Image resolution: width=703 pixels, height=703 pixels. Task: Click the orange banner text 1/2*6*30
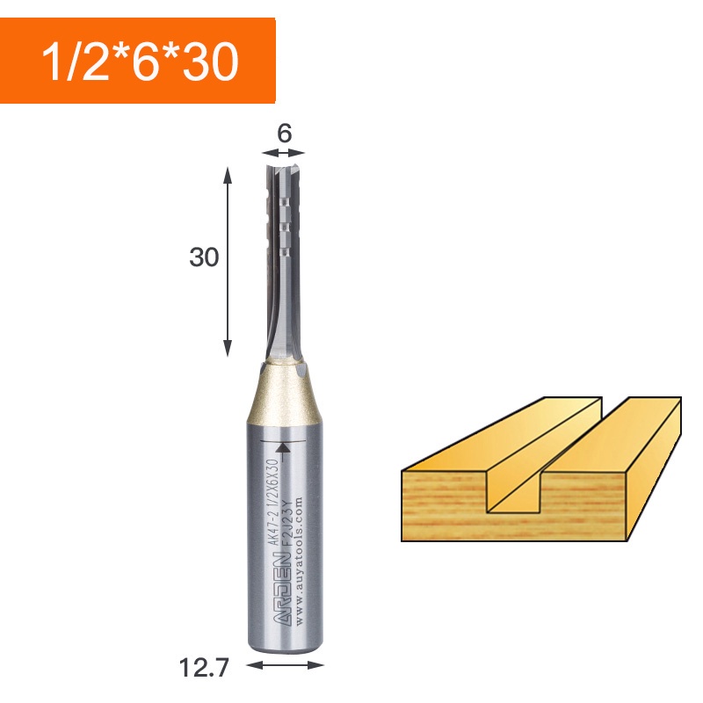coord(140,62)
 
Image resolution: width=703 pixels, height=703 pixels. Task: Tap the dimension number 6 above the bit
coord(284,134)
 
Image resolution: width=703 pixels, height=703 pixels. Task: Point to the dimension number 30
coord(204,257)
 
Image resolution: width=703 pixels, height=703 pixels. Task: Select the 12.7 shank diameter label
coord(204,668)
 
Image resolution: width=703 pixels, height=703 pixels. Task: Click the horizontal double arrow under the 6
coord(284,154)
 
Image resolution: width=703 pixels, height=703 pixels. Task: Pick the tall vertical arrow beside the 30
coord(228,262)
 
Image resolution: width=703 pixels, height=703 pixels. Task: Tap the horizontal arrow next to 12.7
coord(285,665)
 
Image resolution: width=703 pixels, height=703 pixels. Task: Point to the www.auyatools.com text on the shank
coord(300,561)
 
